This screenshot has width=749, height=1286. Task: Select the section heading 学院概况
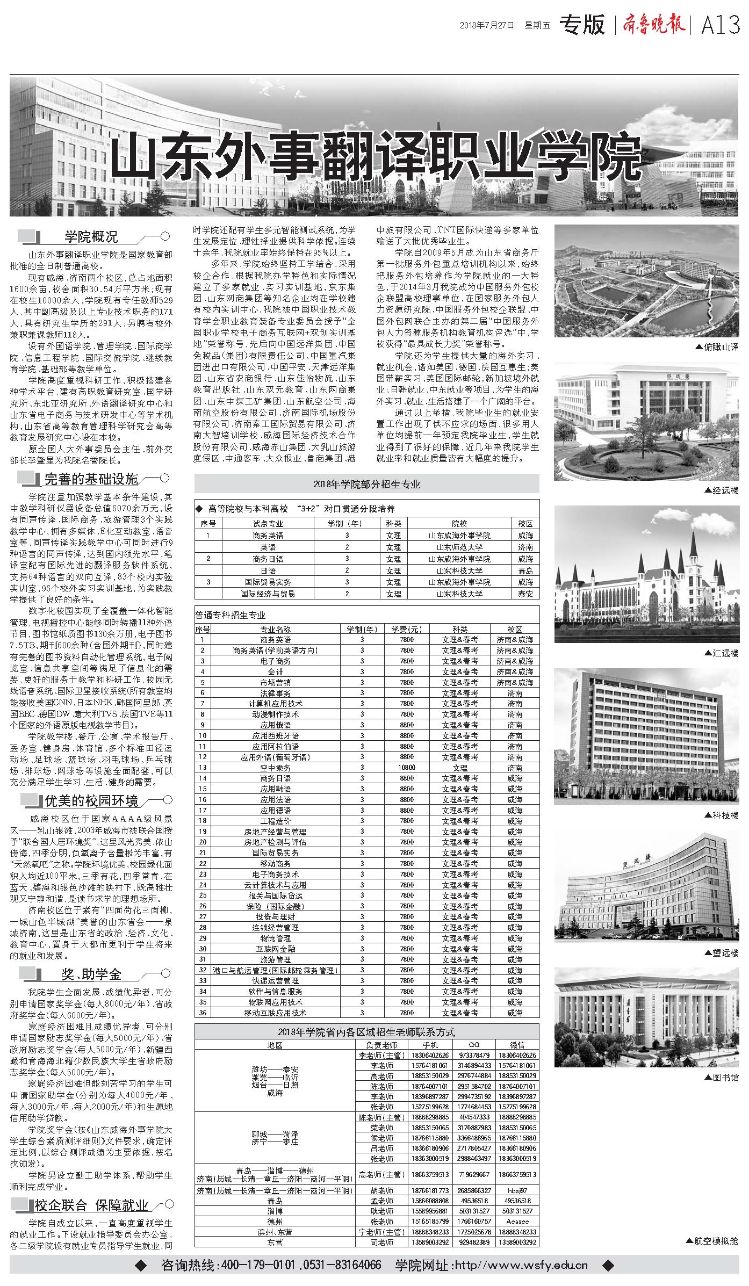pyautogui.click(x=91, y=236)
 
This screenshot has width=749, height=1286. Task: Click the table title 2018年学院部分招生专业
pyautogui.click(x=366, y=484)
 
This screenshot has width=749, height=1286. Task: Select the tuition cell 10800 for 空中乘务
pyautogui.click(x=407, y=768)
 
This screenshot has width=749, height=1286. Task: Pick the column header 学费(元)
pyautogui.click(x=407, y=629)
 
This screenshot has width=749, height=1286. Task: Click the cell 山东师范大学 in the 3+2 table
pyautogui.click(x=459, y=547)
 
